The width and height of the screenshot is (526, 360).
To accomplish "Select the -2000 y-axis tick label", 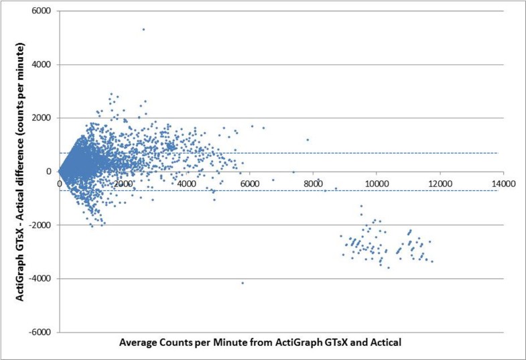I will coord(44,225).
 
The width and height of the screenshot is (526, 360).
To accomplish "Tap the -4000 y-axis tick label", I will coord(44,279).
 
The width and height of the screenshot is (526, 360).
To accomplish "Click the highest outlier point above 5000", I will coord(143,29).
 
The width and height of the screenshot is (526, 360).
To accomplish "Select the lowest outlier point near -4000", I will coord(243,283).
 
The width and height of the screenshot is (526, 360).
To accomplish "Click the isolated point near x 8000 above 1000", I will coord(308,140).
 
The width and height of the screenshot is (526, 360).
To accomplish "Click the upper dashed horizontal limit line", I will coord(402,153).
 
